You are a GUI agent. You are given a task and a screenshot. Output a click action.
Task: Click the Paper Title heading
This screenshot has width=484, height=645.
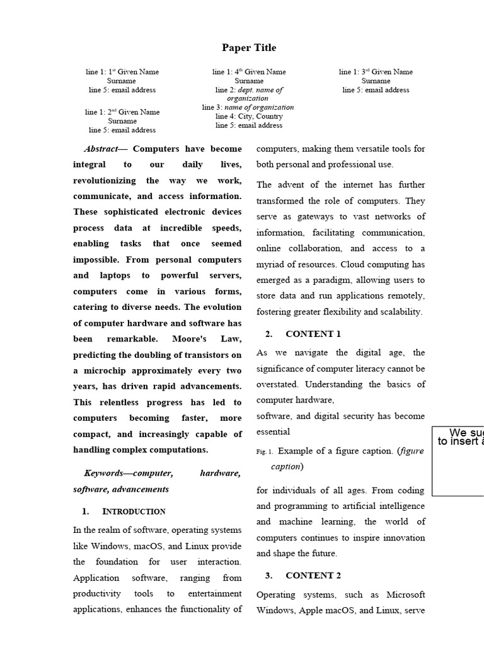coord(249,48)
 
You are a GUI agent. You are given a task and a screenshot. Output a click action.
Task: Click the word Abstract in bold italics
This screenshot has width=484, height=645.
coord(100,149)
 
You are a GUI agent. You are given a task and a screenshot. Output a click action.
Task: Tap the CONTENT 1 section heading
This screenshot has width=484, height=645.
coord(313,334)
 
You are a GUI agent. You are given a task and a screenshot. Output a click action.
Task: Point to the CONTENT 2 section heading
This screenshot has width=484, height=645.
coord(313,575)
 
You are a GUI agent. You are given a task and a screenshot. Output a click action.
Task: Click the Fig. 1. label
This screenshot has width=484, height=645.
coord(265,452)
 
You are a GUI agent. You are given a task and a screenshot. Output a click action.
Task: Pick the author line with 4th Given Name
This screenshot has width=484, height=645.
coord(249,72)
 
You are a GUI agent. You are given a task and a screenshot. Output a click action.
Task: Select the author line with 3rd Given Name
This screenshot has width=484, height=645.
coord(376,72)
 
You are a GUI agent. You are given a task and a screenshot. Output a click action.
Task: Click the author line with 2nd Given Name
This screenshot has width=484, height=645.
coord(122,112)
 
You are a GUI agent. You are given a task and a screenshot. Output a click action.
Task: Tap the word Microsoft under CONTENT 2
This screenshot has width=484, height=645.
coord(406,595)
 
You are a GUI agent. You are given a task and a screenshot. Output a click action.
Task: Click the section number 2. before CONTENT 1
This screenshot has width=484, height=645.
coord(268,334)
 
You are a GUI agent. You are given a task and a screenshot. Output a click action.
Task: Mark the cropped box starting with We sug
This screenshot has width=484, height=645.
coord(458,460)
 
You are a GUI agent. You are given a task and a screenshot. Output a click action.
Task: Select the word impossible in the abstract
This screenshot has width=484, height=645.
coord(96,260)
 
